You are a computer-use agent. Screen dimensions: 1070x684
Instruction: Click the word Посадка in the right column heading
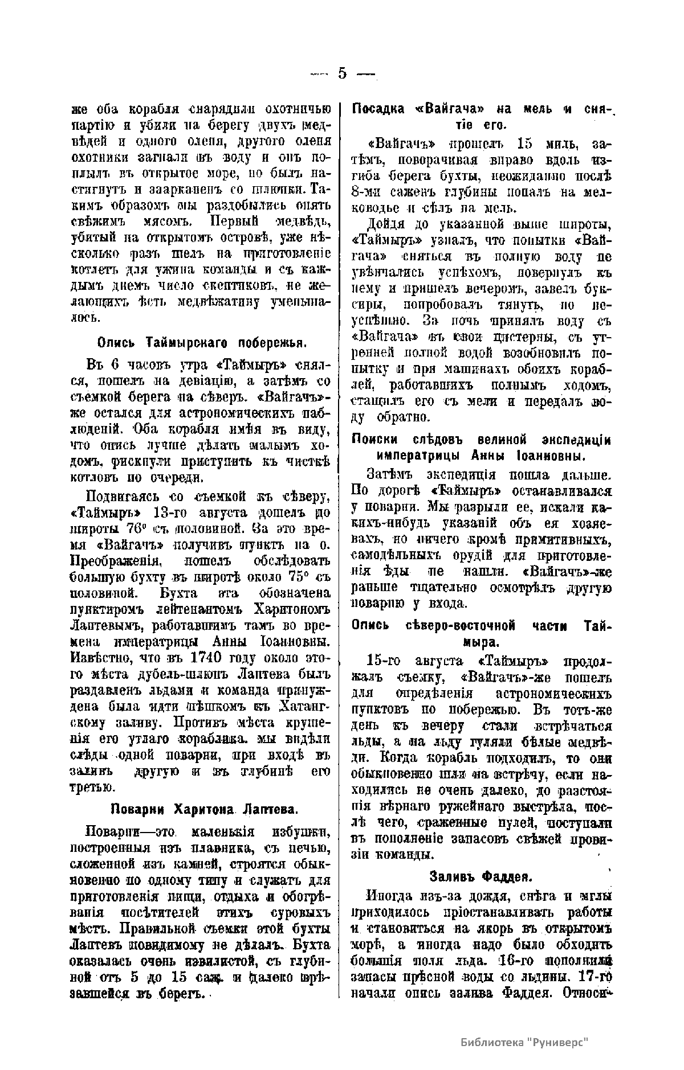381,109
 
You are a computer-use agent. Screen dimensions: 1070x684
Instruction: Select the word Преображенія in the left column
113,561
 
